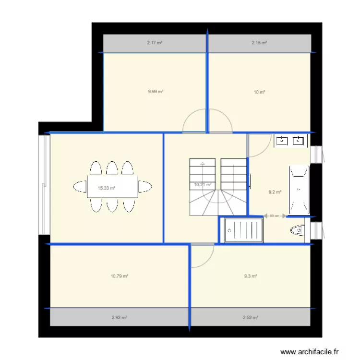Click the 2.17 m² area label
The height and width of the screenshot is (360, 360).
click(155, 43)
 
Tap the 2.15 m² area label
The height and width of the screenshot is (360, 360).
click(259, 43)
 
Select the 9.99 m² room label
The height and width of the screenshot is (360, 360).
click(156, 91)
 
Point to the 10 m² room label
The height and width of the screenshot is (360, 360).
click(259, 92)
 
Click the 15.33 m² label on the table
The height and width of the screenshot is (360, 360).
click(107, 189)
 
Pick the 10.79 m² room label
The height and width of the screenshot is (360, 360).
click(119, 276)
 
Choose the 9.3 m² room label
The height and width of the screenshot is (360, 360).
click(250, 276)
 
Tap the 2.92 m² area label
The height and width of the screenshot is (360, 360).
click(119, 317)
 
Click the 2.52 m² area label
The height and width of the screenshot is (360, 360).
click(251, 317)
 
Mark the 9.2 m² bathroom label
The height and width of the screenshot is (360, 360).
click(275, 192)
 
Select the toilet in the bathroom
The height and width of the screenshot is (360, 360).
click(298, 231)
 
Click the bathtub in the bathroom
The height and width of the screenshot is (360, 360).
click(299, 190)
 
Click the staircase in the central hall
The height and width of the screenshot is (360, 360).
click(218, 187)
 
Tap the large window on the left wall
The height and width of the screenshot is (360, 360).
click(44, 185)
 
